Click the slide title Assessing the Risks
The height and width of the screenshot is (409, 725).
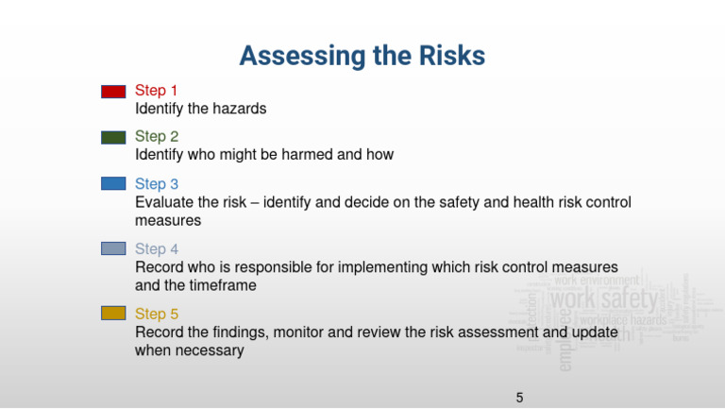362,57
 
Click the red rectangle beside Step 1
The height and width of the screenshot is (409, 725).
113,92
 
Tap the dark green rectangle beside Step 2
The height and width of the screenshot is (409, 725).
113,138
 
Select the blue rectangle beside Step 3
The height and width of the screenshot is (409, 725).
113,184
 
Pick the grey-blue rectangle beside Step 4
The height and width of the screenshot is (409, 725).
113,248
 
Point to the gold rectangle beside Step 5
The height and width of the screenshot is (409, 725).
113,313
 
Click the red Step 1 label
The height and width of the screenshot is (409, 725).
157,91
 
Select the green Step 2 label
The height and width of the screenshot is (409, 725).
157,137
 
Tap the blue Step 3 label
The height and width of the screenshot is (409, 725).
157,184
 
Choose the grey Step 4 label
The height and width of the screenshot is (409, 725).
157,249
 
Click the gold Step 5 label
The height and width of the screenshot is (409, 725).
157,314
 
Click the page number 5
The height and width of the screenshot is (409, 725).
519,397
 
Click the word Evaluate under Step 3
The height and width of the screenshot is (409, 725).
164,202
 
